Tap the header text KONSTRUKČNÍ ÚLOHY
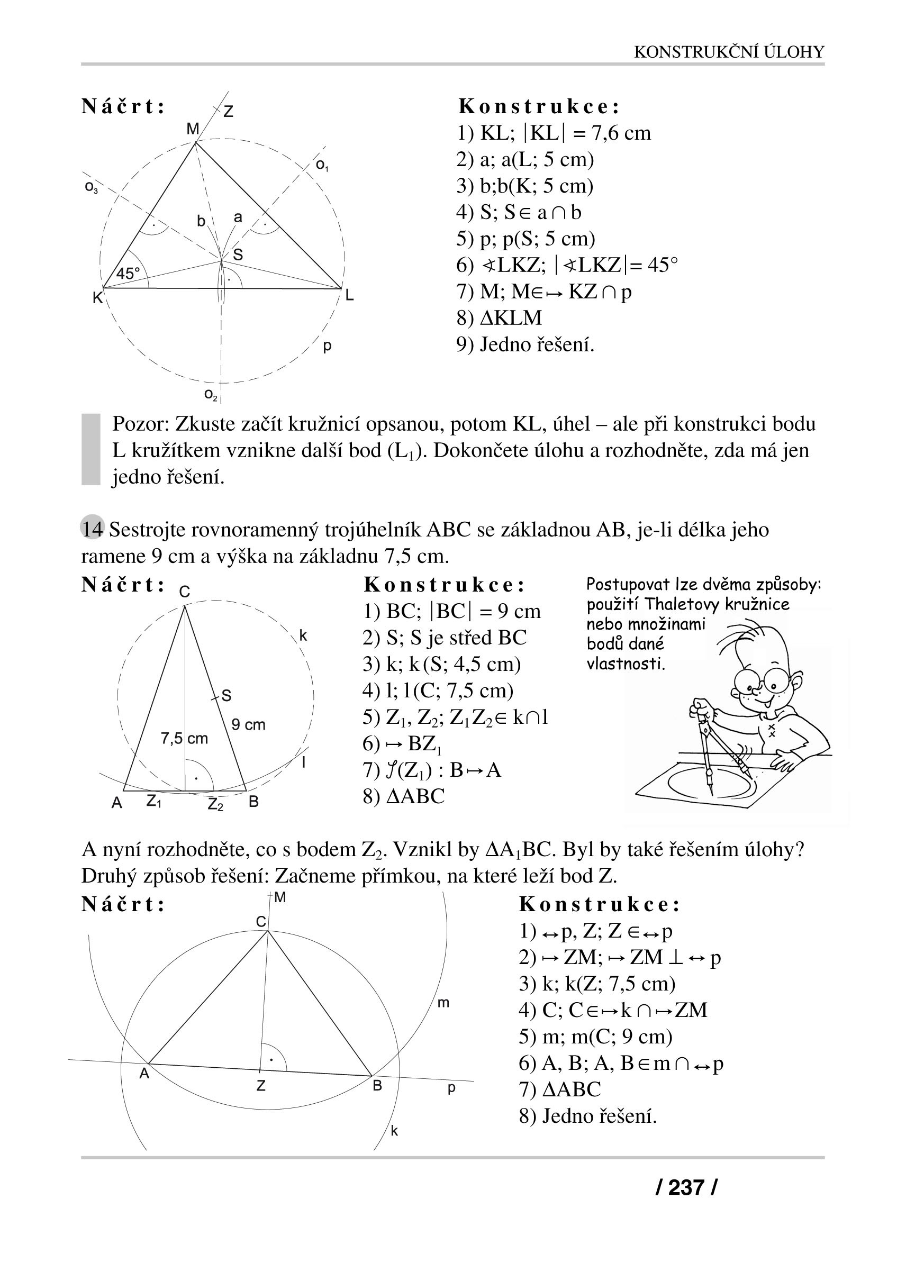[729, 52]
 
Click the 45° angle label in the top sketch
[128, 274]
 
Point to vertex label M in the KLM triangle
[193, 130]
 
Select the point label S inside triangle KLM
[238, 255]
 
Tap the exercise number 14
[93, 529]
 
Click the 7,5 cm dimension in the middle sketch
[184, 738]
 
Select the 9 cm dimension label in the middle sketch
[248, 725]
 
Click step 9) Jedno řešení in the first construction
[526, 344]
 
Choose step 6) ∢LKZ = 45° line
[567, 265]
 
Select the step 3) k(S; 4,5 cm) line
[441, 664]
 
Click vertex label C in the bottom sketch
[260, 922]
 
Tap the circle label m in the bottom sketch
[443, 1003]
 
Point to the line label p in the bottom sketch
[451, 1087]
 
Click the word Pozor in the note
[140, 424]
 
